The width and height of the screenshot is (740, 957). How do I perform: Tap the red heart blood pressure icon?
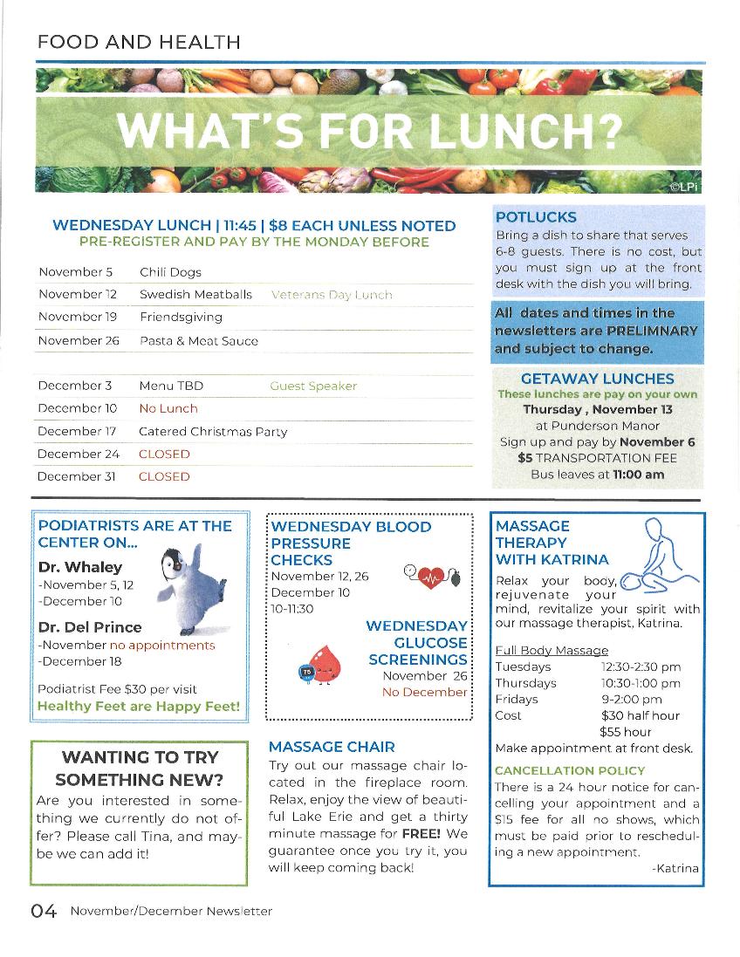click(x=431, y=577)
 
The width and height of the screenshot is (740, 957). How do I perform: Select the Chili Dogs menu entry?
click(x=170, y=272)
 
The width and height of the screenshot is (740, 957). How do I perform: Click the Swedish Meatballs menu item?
click(x=195, y=295)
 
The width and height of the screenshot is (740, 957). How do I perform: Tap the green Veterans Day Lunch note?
click(x=332, y=295)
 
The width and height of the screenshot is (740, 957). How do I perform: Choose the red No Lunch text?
click(x=168, y=408)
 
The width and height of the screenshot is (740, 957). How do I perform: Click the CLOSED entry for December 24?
click(x=164, y=454)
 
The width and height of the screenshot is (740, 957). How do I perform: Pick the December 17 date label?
click(x=77, y=431)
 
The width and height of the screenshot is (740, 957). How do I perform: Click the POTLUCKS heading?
click(x=536, y=217)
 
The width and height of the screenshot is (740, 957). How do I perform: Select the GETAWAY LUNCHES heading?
click(x=597, y=379)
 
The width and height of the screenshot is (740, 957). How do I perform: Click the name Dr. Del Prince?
click(x=90, y=626)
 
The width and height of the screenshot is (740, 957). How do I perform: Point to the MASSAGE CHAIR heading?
click(x=332, y=747)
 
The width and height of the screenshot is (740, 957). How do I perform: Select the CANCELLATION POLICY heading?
click(x=570, y=770)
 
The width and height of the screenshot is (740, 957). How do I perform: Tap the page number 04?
click(x=44, y=912)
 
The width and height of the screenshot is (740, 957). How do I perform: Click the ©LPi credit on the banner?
click(x=685, y=186)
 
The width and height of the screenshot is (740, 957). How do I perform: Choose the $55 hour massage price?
click(x=626, y=732)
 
